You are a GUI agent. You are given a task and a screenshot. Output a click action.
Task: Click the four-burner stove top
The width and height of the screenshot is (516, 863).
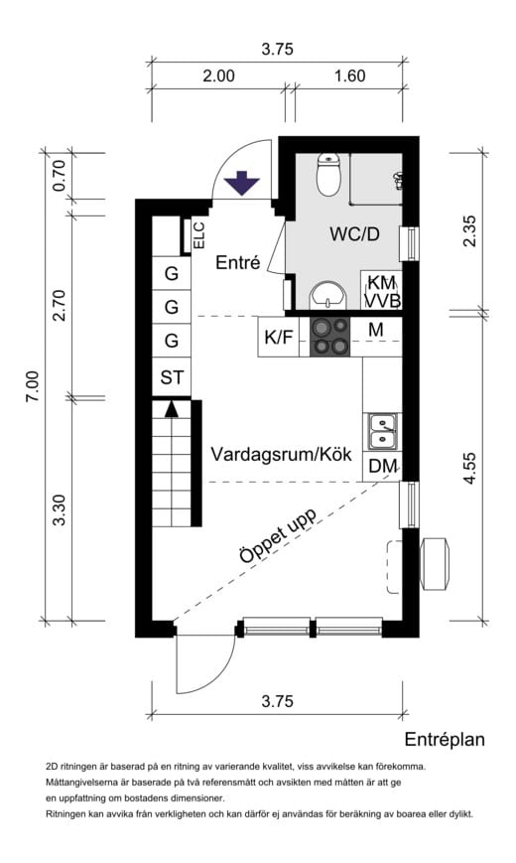pyautogui.click(x=330, y=337)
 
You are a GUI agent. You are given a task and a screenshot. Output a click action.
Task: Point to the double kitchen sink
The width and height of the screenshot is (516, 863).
pyautogui.click(x=381, y=430)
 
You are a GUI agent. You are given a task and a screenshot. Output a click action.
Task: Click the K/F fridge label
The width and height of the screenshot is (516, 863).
pyautogui.click(x=278, y=338)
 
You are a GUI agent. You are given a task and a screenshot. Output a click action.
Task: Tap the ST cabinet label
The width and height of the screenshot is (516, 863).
pyautogui.click(x=172, y=377)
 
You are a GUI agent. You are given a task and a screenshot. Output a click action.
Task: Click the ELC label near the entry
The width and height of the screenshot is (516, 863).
pyautogui.click(x=197, y=235)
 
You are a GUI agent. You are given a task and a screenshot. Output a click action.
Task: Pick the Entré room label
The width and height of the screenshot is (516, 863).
pyautogui.click(x=237, y=263)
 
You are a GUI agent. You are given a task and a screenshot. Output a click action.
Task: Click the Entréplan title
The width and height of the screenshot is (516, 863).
pyautogui.click(x=444, y=739)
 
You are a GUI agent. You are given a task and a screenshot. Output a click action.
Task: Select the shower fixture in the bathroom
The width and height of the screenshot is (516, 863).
pyautogui.click(x=397, y=181)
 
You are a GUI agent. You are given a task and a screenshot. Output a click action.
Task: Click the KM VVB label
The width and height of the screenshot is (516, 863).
pyautogui.click(x=381, y=292)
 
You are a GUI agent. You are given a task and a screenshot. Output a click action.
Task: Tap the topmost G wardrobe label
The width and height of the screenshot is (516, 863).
pyautogui.click(x=172, y=273)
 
